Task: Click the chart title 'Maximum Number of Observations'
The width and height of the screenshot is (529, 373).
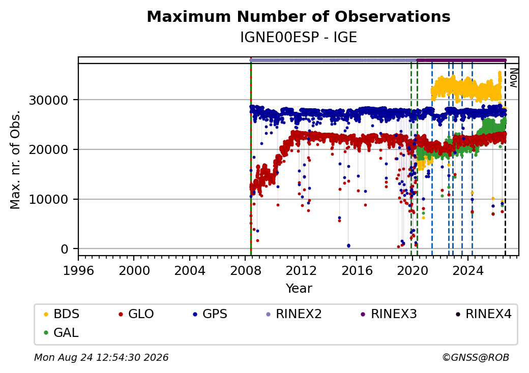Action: pyautogui.click(x=299, y=16)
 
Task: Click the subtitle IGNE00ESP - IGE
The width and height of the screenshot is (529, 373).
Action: pyautogui.click(x=299, y=37)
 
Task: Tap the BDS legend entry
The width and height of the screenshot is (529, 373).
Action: pyautogui.click(x=62, y=314)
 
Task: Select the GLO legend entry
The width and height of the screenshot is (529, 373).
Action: pyautogui.click(x=136, y=314)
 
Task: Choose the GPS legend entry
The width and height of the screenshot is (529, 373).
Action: pyautogui.click(x=210, y=314)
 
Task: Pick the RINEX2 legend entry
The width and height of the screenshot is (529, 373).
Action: pyautogui.click(x=294, y=314)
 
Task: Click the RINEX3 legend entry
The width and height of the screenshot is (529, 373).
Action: pyautogui.click(x=389, y=314)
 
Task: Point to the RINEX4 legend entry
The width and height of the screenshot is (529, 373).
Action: pyautogui.click(x=484, y=314)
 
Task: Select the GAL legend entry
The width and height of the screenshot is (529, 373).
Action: pyautogui.click(x=62, y=332)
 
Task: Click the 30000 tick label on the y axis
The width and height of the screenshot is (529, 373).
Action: pyautogui.click(x=49, y=100)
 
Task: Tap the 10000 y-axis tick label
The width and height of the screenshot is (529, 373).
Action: pyautogui.click(x=49, y=200)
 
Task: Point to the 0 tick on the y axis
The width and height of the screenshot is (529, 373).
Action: pyautogui.click(x=65, y=250)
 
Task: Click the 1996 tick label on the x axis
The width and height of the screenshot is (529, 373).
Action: pyautogui.click(x=78, y=270)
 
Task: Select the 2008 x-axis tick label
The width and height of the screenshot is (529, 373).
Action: pyautogui.click(x=246, y=270)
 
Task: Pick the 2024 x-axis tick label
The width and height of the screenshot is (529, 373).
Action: pyautogui.click(x=468, y=270)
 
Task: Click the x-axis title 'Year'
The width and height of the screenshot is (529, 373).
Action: pyautogui.click(x=299, y=289)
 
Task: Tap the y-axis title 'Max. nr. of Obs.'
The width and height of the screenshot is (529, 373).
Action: pyautogui.click(x=15, y=160)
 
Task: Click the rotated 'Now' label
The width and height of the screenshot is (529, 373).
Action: pyautogui.click(x=513, y=78)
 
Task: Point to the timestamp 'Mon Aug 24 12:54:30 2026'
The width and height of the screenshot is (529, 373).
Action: pyautogui.click(x=101, y=357)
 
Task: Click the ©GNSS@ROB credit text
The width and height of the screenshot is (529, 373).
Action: pyautogui.click(x=476, y=357)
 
